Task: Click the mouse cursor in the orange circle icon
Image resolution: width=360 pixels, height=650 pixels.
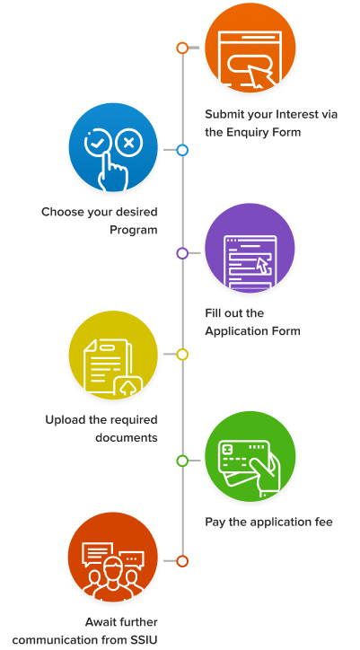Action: click(262, 76)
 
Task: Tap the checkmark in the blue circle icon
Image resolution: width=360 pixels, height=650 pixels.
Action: click(98, 144)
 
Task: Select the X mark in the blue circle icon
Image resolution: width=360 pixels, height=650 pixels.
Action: click(129, 144)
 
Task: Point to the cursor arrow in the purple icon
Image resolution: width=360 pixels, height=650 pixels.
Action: click(262, 266)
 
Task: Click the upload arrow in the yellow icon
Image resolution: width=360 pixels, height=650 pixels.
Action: click(128, 388)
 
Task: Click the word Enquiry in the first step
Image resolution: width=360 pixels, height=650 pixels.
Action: click(248, 133)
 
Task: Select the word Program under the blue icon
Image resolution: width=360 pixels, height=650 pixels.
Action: click(134, 230)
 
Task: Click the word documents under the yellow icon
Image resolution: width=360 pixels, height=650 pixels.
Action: click(127, 437)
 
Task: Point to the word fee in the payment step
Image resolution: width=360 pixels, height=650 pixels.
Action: click(323, 522)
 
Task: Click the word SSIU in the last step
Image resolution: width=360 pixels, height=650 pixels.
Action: click(145, 639)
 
